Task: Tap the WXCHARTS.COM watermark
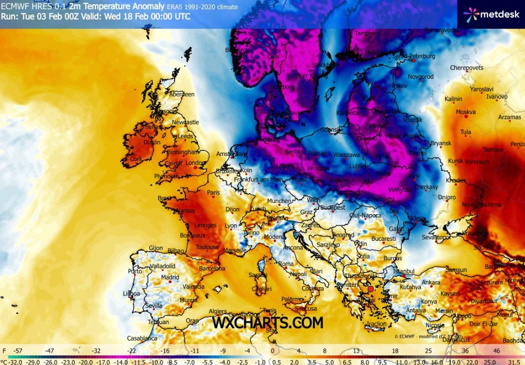coord(268,323)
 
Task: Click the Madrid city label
coord(170,278)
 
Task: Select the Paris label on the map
coord(213,193)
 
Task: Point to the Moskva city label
coord(466,112)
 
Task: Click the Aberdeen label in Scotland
coord(182,94)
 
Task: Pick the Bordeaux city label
coord(193,236)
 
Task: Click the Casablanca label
coord(142,338)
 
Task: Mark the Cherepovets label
coord(467,67)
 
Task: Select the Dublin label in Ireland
coord(152,143)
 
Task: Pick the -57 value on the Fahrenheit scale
coord(18,351)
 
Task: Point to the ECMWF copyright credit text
coord(428,336)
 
